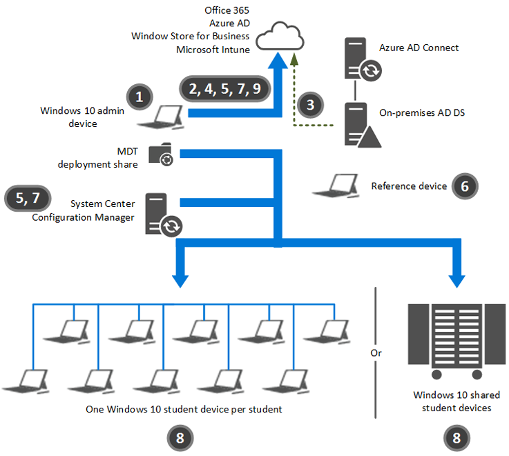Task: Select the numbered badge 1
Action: click(x=140, y=96)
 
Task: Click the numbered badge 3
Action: click(x=311, y=105)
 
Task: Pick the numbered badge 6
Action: click(x=464, y=186)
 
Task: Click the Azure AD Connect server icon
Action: click(x=360, y=60)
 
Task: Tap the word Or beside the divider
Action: click(x=376, y=353)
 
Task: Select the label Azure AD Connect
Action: click(x=419, y=48)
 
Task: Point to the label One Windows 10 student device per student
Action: click(x=184, y=409)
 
